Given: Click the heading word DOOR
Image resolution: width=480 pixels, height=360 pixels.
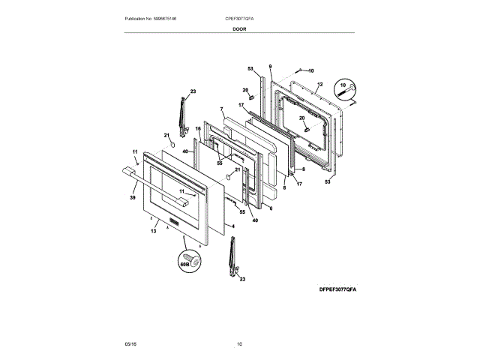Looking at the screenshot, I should click(239, 28).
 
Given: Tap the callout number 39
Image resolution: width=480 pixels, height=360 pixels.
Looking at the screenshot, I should click(132, 198).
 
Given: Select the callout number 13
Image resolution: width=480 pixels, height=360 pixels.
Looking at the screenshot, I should click(152, 232).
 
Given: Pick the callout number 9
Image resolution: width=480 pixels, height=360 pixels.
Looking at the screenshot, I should click(270, 67).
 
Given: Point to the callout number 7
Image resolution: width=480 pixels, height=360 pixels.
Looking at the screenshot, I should click(222, 109).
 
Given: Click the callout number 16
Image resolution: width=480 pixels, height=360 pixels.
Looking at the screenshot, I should click(198, 128).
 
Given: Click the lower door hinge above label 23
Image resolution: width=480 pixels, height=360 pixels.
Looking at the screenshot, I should click(232, 255).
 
